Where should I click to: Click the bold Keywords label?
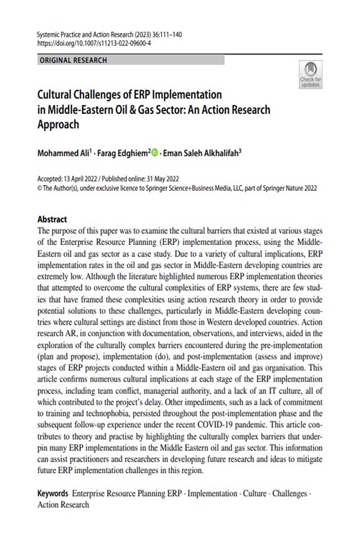[53, 495]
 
